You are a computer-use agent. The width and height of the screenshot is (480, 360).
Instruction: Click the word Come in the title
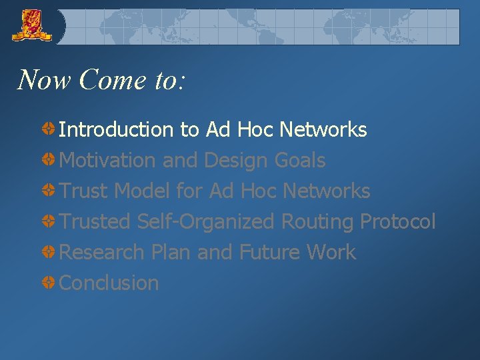[x=107, y=80]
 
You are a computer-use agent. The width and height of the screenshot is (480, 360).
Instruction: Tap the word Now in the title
[x=43, y=80]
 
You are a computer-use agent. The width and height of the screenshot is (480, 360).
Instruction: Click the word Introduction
[x=116, y=129]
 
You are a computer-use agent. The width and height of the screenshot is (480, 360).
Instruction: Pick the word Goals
[x=300, y=160]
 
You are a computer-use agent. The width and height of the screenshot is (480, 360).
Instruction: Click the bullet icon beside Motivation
[x=49, y=160]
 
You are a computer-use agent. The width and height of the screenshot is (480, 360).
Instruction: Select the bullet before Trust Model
[x=49, y=191]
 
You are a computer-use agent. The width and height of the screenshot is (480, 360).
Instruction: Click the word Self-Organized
[x=205, y=221]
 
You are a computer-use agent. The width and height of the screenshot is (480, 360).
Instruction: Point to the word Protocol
[x=397, y=221]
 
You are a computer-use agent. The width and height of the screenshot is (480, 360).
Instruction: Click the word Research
[x=102, y=252]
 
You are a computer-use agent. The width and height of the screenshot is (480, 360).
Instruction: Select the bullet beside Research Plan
[x=49, y=252]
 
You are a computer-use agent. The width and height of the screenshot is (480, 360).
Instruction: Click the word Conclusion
[x=109, y=283]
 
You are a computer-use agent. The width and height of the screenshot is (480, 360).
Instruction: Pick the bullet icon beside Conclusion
[x=49, y=283]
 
